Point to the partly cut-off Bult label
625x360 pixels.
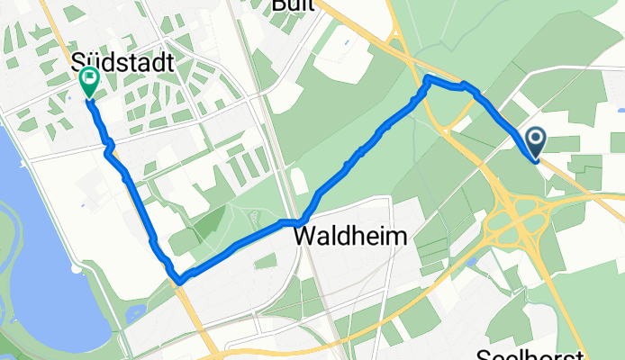pos(293,5)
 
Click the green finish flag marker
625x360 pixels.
pos(90,82)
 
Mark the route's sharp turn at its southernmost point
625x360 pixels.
pos(179,281)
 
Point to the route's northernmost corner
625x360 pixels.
pos(428,80)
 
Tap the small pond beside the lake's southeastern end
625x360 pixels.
pos(133,313)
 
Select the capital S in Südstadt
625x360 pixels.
pos(78,64)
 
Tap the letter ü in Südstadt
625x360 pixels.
pos(93,64)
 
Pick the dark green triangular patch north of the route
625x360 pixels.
pos(212,219)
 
